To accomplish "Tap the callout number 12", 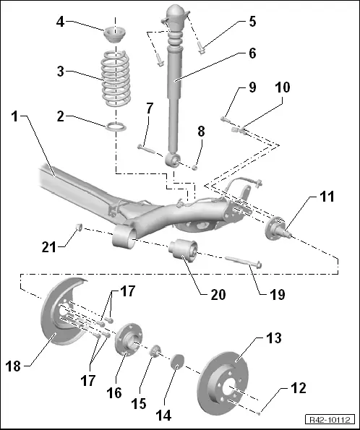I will pyautogui.click(x=299, y=388).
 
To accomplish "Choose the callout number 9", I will pyautogui.click(x=252, y=88).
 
